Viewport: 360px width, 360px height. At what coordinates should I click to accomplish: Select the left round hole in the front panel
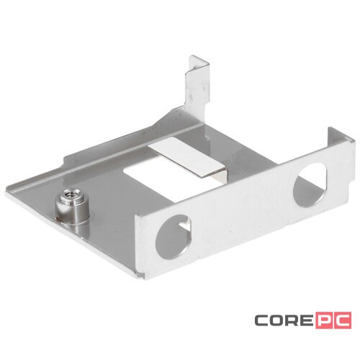(x=174, y=237)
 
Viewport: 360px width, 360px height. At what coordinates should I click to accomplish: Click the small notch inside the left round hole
(x=186, y=225)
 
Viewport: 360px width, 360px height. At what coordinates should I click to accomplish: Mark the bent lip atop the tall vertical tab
(x=199, y=62)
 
